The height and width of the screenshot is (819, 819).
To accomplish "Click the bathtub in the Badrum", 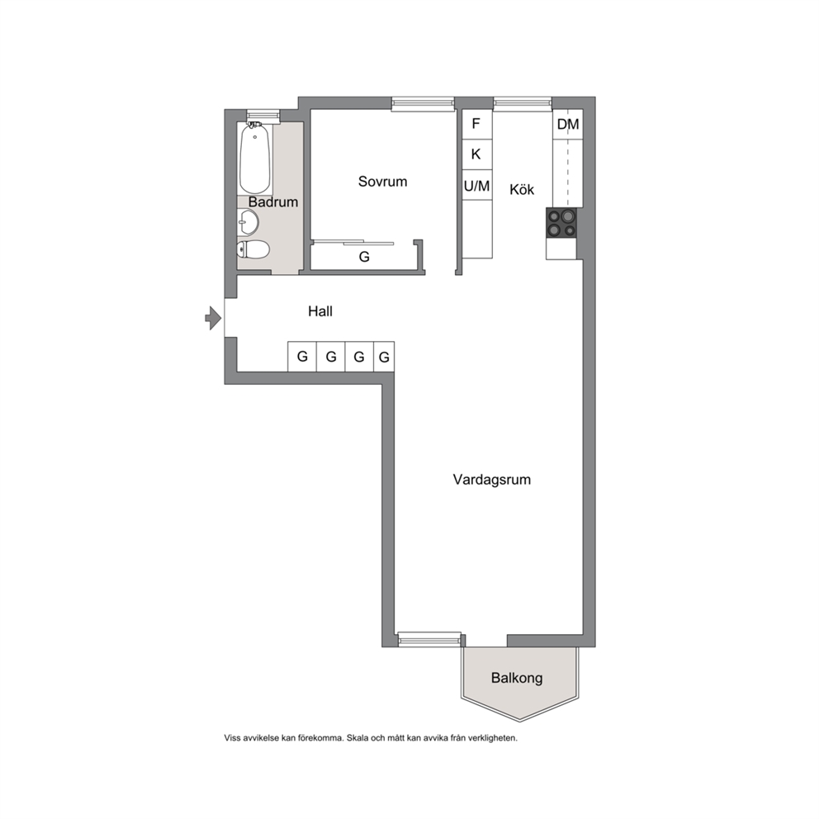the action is click(255, 159).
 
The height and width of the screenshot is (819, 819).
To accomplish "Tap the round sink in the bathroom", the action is click(248, 223).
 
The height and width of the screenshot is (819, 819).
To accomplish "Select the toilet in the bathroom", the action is click(253, 249).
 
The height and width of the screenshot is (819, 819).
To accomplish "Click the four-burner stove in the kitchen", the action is click(561, 223).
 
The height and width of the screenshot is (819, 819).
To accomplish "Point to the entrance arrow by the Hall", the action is click(213, 318).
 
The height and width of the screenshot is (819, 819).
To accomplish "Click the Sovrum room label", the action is click(382, 182).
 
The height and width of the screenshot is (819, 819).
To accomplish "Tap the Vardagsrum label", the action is click(491, 480).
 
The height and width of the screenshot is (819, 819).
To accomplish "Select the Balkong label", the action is click(517, 678).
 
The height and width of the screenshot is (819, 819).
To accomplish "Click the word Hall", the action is click(320, 311).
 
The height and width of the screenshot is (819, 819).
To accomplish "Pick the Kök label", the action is click(522, 189).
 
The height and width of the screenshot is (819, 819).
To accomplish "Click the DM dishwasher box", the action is click(568, 125).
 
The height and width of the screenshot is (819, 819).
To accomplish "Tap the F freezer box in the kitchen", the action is click(476, 125).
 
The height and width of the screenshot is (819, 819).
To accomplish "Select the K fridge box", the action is click(476, 154).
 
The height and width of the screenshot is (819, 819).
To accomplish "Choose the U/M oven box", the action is click(477, 186).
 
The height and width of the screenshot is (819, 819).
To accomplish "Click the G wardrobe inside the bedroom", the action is click(364, 257).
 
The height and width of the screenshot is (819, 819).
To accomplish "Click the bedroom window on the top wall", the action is click(423, 104).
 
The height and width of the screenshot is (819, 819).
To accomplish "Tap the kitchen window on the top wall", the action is click(523, 104).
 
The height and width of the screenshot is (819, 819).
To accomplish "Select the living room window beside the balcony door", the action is click(430, 639).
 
